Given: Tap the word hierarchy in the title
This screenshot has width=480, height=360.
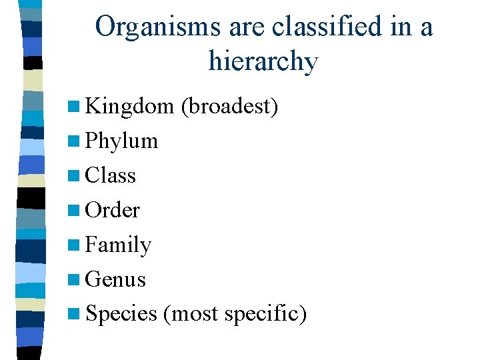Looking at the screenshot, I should [263, 62].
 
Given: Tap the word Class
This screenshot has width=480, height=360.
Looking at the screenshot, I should [111, 176].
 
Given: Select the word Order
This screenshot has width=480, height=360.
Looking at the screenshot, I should [113, 211].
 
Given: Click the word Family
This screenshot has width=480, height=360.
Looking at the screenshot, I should [119, 246].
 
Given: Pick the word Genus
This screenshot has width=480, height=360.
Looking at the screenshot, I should [115, 280].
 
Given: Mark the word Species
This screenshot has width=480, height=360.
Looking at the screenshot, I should [121, 314].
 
